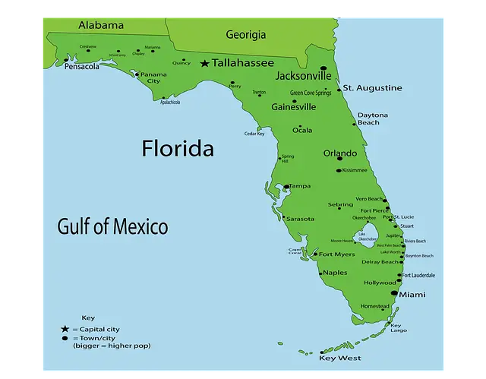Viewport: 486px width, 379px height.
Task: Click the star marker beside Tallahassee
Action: tap(204, 64)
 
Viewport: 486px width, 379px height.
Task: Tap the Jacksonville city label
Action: tap(303, 76)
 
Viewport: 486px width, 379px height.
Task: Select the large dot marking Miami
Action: tap(394, 292)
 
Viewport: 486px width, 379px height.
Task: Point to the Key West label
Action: tap(339, 358)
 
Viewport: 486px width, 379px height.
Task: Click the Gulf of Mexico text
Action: tap(112, 226)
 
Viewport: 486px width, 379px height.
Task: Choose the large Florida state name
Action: tap(178, 148)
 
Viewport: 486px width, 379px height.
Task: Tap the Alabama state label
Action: tap(100, 25)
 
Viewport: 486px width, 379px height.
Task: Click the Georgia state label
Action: tap(246, 34)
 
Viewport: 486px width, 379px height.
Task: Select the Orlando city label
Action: tap(339, 153)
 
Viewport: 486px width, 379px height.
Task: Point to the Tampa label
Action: tap(299, 186)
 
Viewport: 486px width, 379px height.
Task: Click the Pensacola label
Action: tap(82, 67)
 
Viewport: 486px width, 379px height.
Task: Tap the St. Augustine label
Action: tap(372, 88)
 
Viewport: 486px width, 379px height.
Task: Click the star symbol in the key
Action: tap(65, 329)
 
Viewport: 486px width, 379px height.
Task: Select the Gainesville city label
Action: tap(293, 107)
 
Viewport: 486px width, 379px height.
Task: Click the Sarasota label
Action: tap(300, 219)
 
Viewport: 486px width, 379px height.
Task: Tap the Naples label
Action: tap(335, 273)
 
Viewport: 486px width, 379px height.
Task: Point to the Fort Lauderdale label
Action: tap(418, 275)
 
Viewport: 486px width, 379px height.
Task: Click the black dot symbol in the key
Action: tap(65, 337)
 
